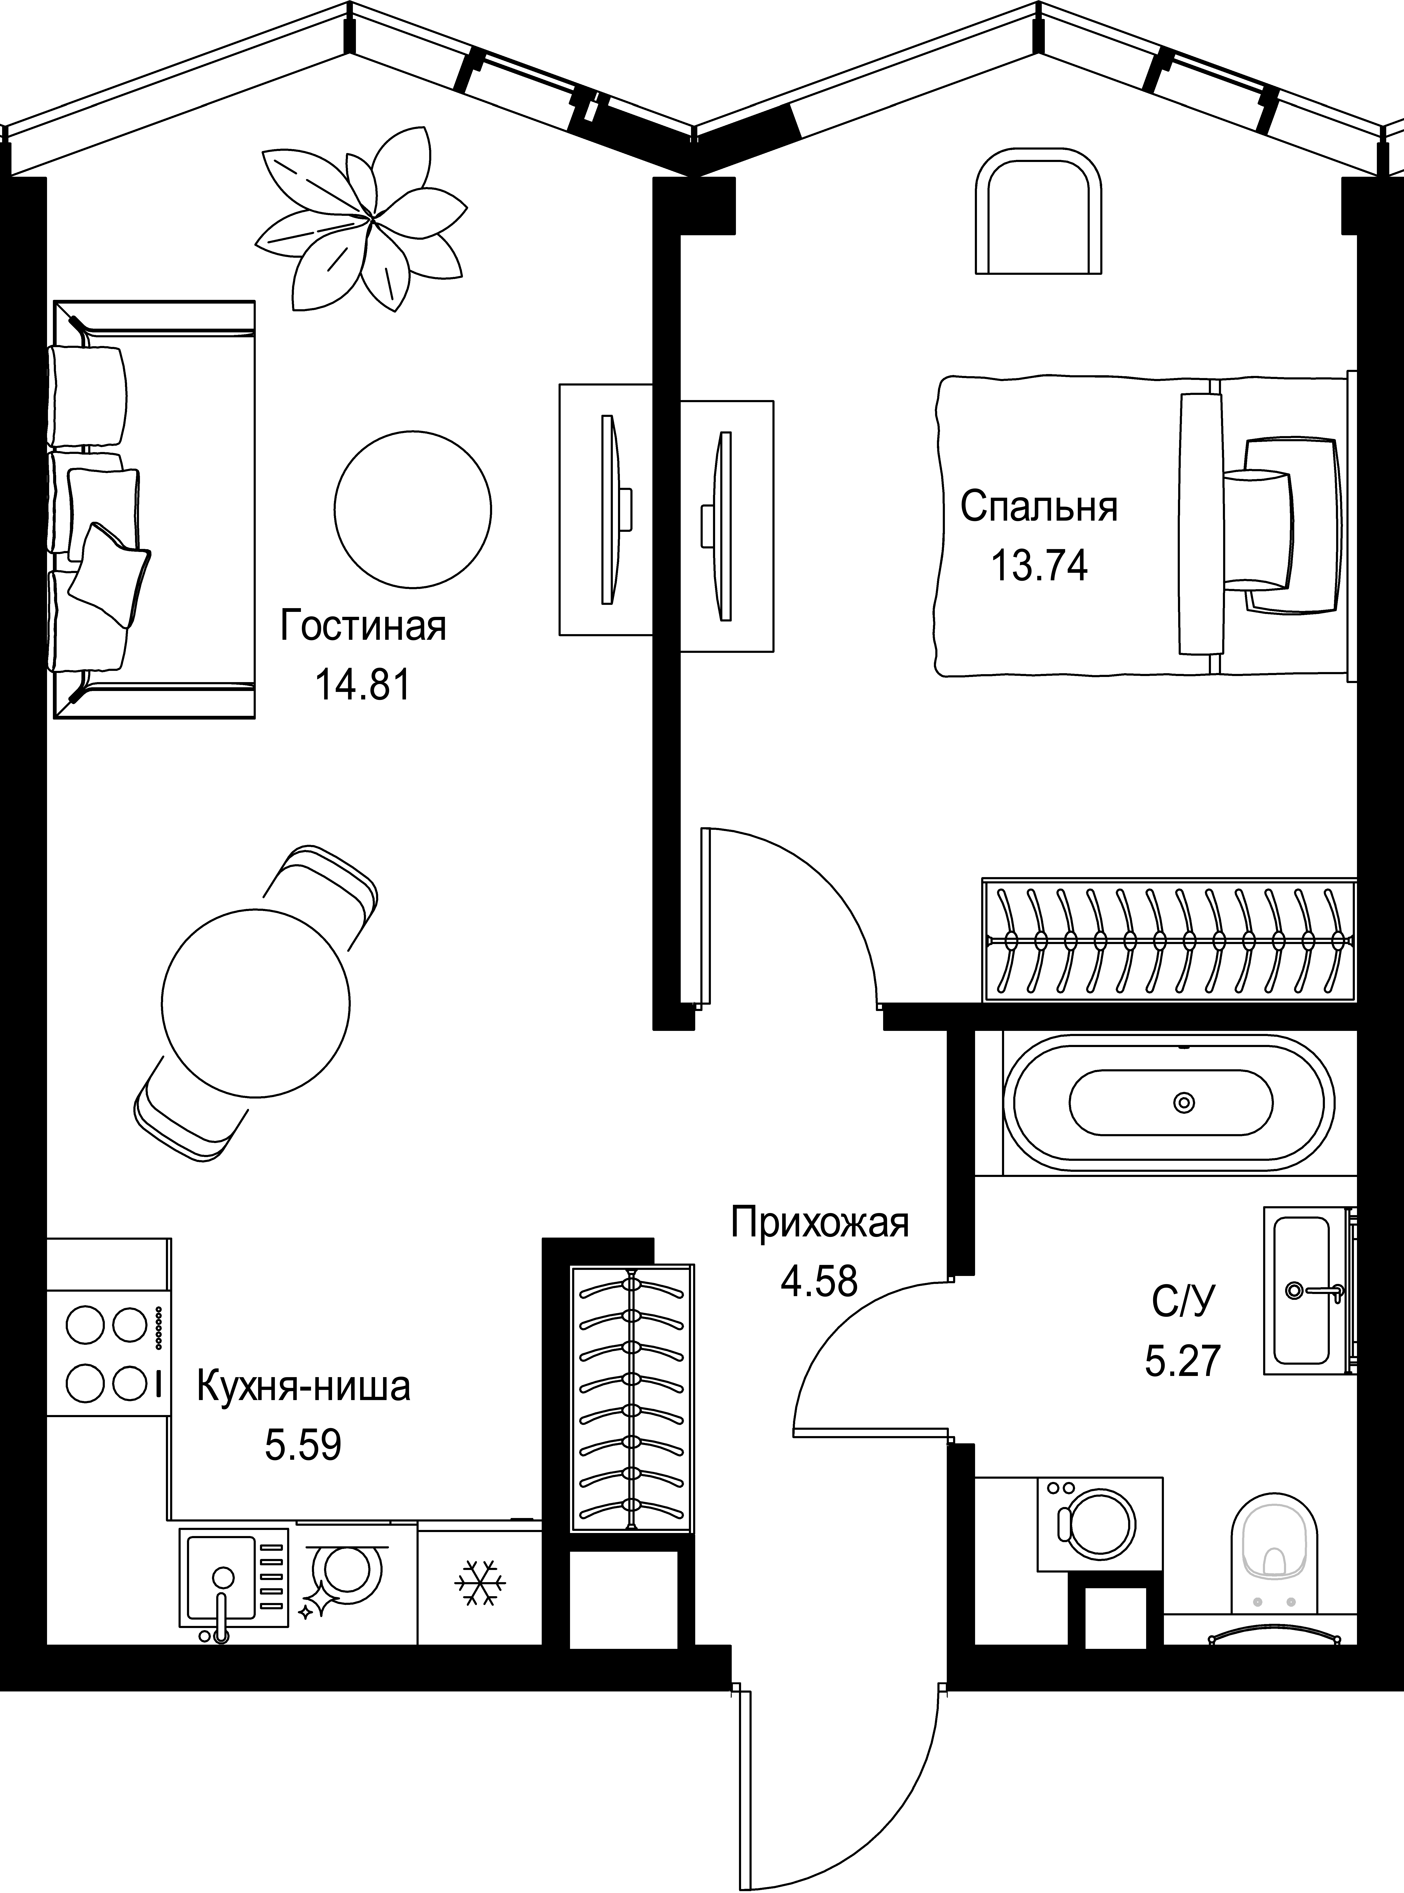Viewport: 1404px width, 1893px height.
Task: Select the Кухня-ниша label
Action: click(303, 1386)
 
